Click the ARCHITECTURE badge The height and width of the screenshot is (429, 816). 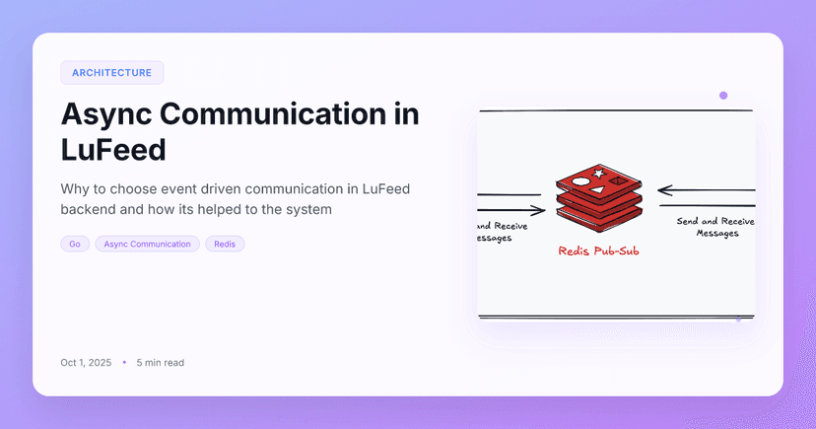[111, 73]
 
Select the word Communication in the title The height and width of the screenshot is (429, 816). [276, 114]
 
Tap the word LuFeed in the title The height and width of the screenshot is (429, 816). [112, 150]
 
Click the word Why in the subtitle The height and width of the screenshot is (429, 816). [77, 188]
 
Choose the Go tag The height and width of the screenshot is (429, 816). [75, 244]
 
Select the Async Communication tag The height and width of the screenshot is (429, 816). [147, 244]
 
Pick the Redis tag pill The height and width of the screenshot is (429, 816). [225, 244]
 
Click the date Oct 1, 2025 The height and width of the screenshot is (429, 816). [86, 363]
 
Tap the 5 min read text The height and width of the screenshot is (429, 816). [161, 363]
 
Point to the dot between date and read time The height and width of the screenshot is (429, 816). [124, 363]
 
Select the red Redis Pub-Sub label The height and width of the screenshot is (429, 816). [598, 251]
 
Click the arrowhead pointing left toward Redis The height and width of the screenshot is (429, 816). [663, 189]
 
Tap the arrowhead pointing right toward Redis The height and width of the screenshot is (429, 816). [538, 210]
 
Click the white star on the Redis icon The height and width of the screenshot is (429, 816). [598, 175]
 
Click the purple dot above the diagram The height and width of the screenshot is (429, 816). [723, 96]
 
